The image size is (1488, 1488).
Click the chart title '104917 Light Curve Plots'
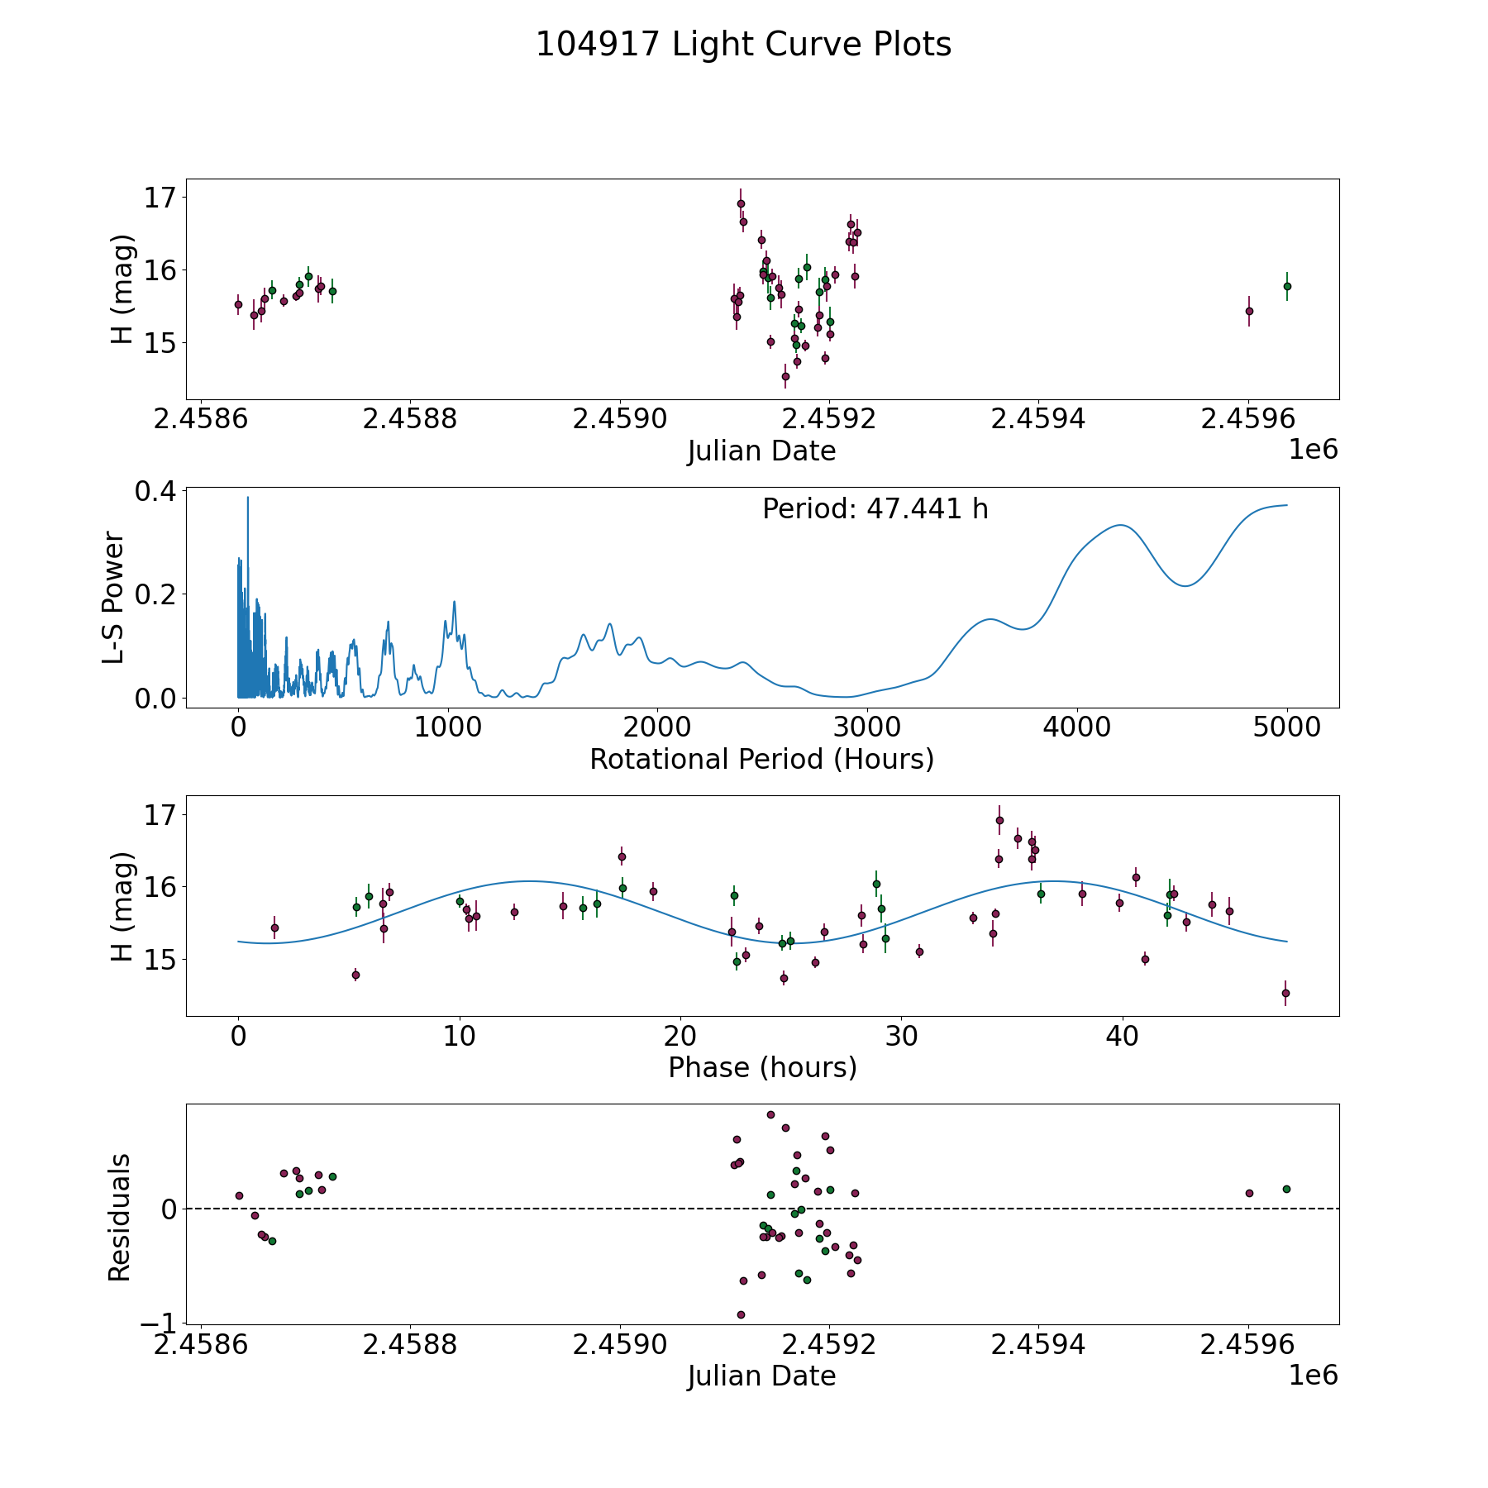[743, 45]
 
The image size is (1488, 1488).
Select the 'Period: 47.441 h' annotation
[875, 509]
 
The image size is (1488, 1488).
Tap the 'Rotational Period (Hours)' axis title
[761, 759]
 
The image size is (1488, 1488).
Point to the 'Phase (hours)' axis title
[761, 1067]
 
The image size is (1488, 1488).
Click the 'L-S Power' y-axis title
[114, 597]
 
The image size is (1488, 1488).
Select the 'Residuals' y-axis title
[120, 1217]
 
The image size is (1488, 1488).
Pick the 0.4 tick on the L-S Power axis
[155, 491]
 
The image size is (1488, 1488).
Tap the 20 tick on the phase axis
[680, 1037]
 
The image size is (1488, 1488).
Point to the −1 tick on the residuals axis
[158, 1323]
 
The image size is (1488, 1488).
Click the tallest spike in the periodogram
[247, 498]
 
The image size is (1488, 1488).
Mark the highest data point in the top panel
[741, 203]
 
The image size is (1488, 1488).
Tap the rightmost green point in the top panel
[1286, 286]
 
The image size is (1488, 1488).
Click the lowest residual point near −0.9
[741, 1314]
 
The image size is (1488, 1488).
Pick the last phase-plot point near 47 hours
[1285, 993]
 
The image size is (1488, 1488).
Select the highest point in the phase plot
[999, 820]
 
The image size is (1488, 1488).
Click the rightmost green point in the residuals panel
[1286, 1189]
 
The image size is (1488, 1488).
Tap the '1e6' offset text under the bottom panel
[1313, 1375]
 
